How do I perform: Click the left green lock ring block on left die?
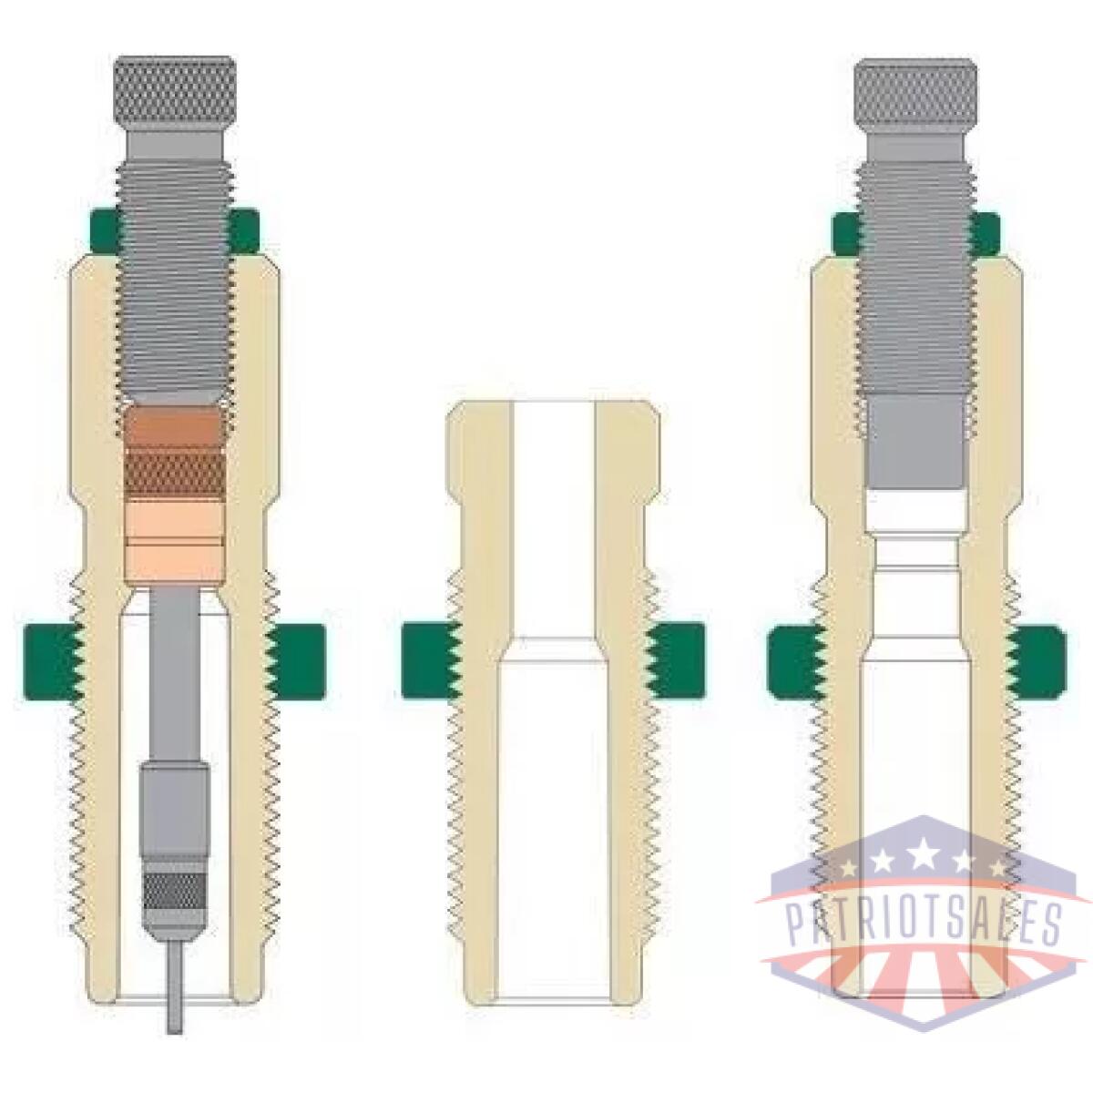[52, 660]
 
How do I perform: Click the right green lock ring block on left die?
[296, 660]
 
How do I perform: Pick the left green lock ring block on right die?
[795, 662]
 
